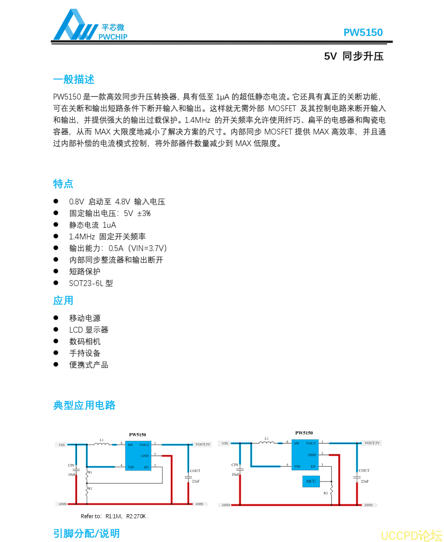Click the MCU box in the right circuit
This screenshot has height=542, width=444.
(x=311, y=481)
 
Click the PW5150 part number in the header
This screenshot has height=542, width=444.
(x=363, y=33)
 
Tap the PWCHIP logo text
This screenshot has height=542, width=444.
(x=113, y=37)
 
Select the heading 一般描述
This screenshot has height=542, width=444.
(x=73, y=79)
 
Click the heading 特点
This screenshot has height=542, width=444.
(x=63, y=184)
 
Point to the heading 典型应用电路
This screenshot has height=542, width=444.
(x=84, y=405)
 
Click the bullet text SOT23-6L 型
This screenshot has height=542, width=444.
(x=91, y=283)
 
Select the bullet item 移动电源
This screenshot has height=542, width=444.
(x=85, y=318)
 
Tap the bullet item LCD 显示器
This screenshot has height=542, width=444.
(x=89, y=330)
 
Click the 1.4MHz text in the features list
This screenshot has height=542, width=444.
(x=82, y=237)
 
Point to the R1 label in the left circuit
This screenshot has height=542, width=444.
(x=90, y=472)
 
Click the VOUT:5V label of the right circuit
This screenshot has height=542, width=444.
(x=372, y=443)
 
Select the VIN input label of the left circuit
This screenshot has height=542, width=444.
(x=62, y=445)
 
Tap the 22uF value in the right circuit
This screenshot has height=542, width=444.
(x=365, y=481)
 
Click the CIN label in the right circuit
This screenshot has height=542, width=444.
(x=235, y=465)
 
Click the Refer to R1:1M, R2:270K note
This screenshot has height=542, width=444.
(x=114, y=516)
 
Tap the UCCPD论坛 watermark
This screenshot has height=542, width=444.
(x=411, y=535)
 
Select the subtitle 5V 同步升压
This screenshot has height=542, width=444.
(x=353, y=56)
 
